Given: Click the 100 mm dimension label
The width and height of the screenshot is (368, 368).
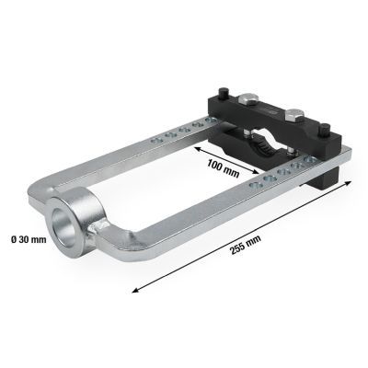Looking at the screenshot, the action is pyautogui.click(x=223, y=168).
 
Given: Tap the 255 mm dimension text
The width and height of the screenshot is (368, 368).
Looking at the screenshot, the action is pyautogui.click(x=246, y=246).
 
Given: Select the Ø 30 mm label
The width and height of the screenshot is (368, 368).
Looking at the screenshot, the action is pyautogui.click(x=29, y=239).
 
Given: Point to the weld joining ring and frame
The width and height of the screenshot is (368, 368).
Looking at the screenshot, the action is pyautogui.click(x=95, y=232).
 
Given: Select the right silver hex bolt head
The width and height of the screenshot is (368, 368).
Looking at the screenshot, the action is pyautogui.click(x=293, y=115).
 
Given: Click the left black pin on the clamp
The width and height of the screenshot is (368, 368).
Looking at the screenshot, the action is pyautogui.click(x=222, y=93).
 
